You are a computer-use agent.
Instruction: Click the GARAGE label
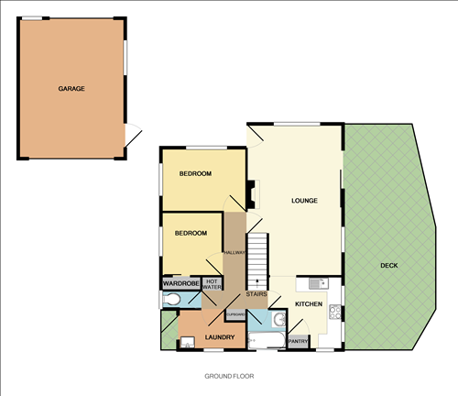(x=71, y=89)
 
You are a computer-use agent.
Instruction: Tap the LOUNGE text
(x=304, y=200)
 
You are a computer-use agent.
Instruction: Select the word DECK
(x=390, y=266)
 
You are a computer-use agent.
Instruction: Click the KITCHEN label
(x=309, y=303)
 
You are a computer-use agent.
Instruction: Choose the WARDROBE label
(x=181, y=284)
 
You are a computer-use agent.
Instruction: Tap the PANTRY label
(x=298, y=342)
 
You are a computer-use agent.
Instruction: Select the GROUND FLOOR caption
(x=229, y=376)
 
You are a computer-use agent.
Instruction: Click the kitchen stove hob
(x=335, y=311)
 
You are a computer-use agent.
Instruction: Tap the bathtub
(x=266, y=341)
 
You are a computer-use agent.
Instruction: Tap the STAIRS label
(x=256, y=294)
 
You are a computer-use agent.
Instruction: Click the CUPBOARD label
(x=235, y=315)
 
